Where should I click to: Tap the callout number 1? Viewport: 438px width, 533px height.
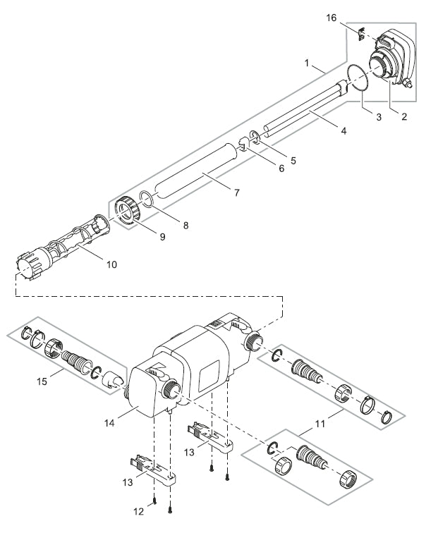click(308, 63)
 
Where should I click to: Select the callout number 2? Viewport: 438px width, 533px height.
click(403, 118)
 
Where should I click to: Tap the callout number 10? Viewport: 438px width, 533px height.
click(111, 265)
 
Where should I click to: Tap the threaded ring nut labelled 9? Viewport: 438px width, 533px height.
click(128, 209)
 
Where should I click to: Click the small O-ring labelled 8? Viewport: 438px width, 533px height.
click(145, 200)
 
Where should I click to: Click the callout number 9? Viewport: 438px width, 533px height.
click(162, 237)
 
